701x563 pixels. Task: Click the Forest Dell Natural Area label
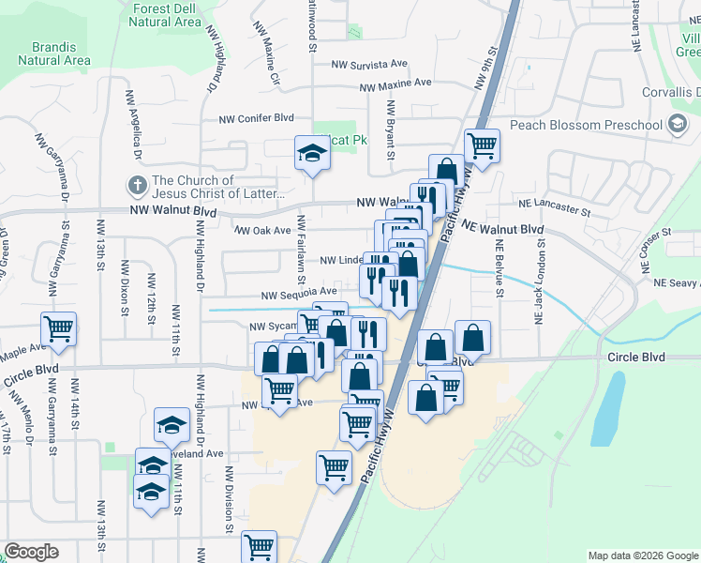pos(168,15)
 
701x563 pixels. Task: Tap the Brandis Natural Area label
pos(53,53)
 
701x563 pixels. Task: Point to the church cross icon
pos(136,186)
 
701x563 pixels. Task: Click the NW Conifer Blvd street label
pos(257,119)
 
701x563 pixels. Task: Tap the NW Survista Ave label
pos(370,65)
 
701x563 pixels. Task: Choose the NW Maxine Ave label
pos(395,84)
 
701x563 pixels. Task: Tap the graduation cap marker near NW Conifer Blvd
pos(312,153)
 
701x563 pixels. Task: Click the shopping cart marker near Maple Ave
pos(58,328)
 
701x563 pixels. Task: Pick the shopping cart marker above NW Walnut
pos(482,145)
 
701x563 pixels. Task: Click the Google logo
pos(31,552)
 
